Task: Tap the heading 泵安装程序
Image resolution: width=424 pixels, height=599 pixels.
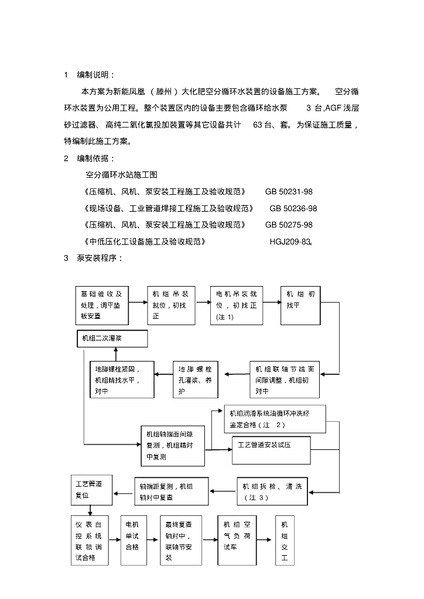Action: point(100,257)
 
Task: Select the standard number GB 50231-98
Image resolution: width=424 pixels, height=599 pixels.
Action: point(289,192)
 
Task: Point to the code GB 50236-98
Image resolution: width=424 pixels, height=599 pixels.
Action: point(293,208)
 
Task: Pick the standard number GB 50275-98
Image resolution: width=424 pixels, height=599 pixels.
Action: point(289,225)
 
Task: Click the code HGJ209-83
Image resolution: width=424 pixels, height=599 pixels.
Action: point(290,241)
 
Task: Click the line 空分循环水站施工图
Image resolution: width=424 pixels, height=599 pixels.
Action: point(122,175)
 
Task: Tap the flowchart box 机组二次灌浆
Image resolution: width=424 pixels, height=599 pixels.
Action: point(112,339)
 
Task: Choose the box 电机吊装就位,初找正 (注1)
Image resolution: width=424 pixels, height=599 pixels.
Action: point(237,305)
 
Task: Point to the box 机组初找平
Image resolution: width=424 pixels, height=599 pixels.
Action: point(301,305)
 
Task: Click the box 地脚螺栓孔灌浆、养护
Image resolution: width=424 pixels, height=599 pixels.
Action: point(196,380)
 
